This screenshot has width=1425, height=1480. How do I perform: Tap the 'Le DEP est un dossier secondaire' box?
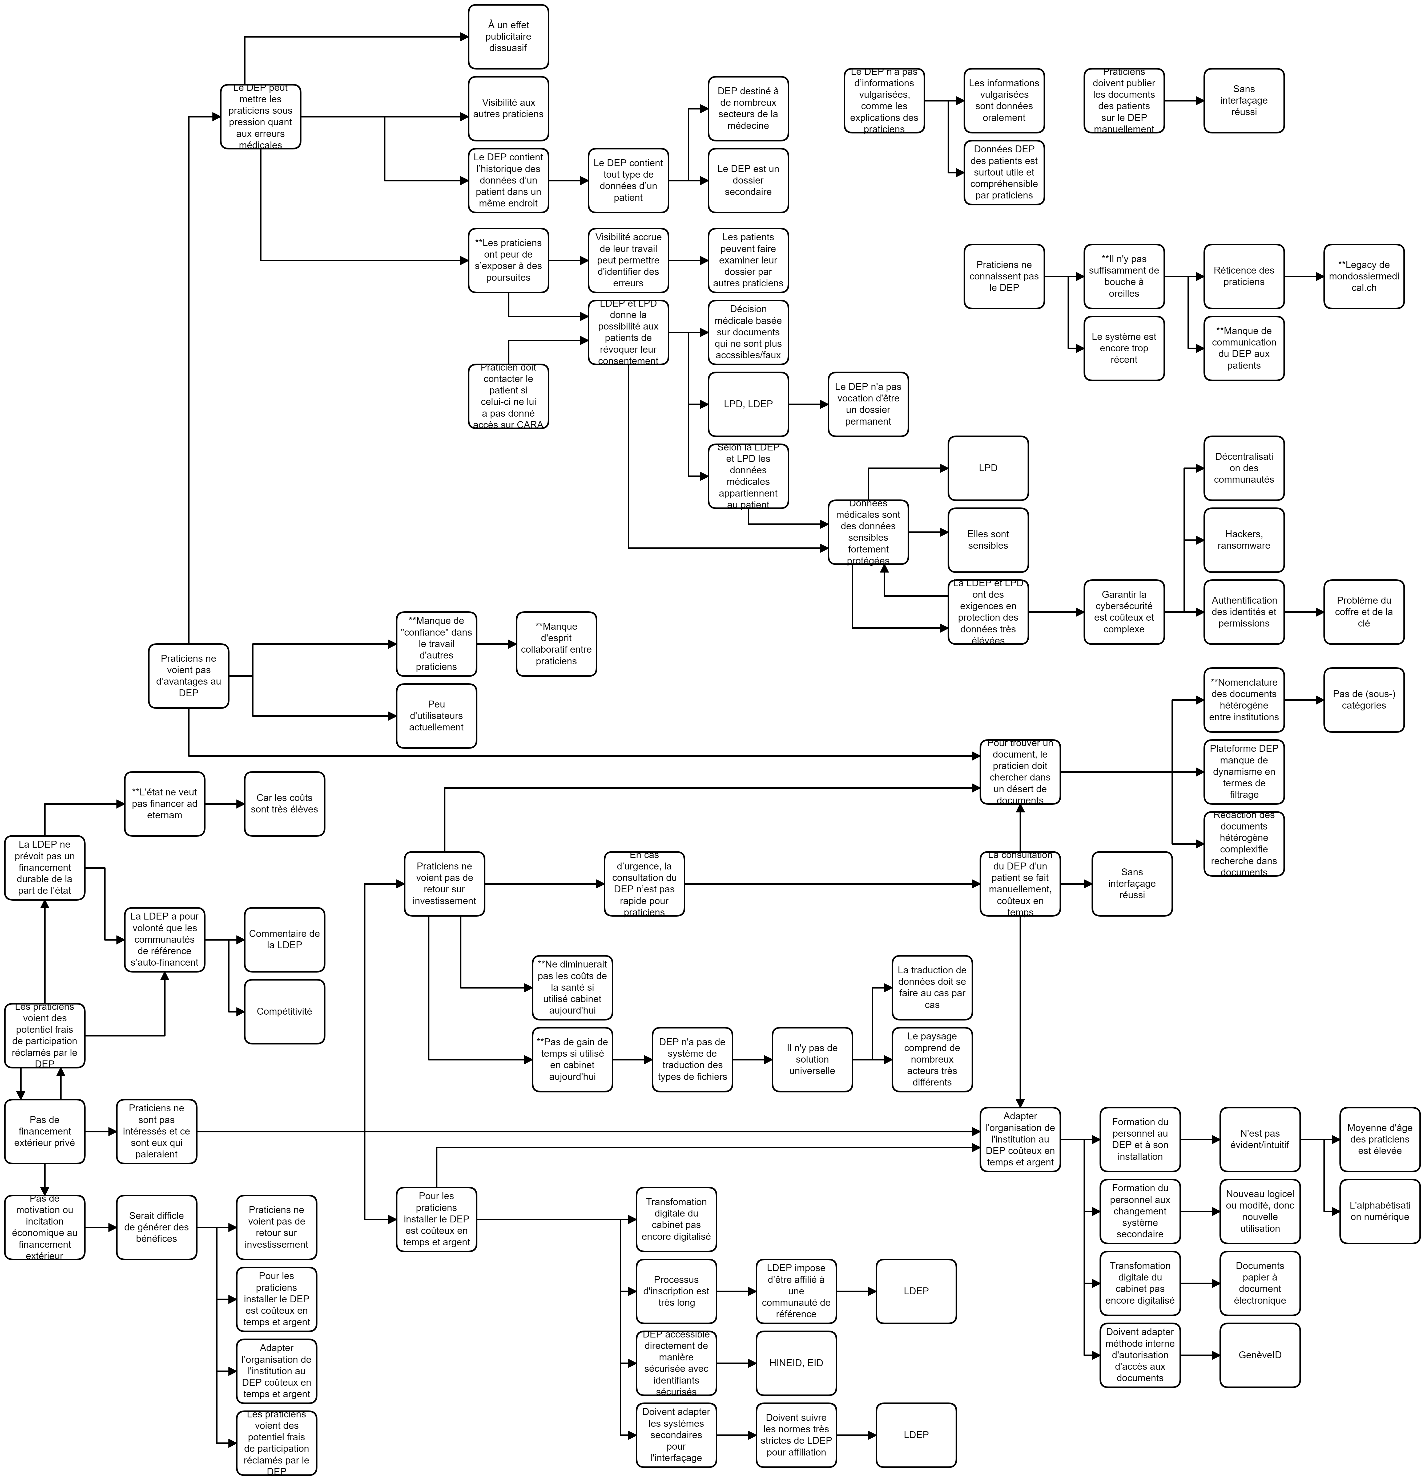coord(748,180)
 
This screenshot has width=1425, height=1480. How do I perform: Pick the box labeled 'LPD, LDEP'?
coord(748,404)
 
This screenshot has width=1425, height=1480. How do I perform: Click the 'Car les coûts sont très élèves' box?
coord(284,803)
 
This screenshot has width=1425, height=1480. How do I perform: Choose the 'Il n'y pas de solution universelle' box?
coord(811,1059)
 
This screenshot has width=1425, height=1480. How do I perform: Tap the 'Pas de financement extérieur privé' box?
coord(45,1131)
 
